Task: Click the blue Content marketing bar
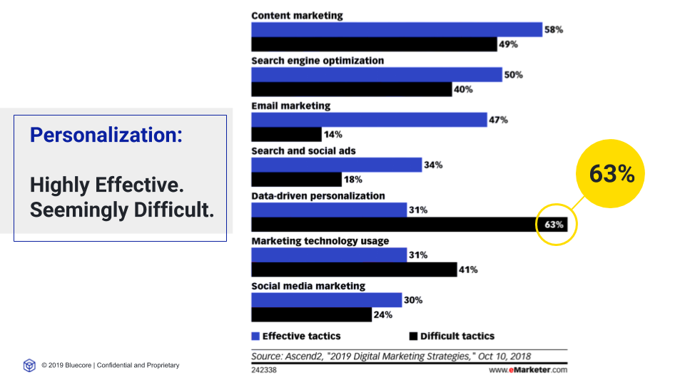click(x=396, y=29)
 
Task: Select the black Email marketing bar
click(x=286, y=134)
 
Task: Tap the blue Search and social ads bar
click(x=336, y=165)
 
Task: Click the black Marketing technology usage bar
click(x=354, y=269)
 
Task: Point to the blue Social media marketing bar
click(x=326, y=300)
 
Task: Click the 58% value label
click(x=554, y=30)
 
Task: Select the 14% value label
click(x=333, y=135)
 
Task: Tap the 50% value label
click(x=513, y=75)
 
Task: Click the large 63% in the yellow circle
click(x=612, y=173)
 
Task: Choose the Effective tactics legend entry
click(x=296, y=336)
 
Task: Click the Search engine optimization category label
click(x=318, y=61)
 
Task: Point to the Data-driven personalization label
click(x=318, y=195)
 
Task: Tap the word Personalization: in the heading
click(x=106, y=134)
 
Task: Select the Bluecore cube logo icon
click(x=29, y=365)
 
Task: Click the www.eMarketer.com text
click(x=528, y=370)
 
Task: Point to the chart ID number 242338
click(x=264, y=370)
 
